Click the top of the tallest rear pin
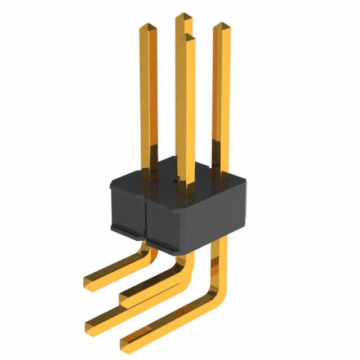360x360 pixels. pyautogui.click(x=183, y=16)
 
